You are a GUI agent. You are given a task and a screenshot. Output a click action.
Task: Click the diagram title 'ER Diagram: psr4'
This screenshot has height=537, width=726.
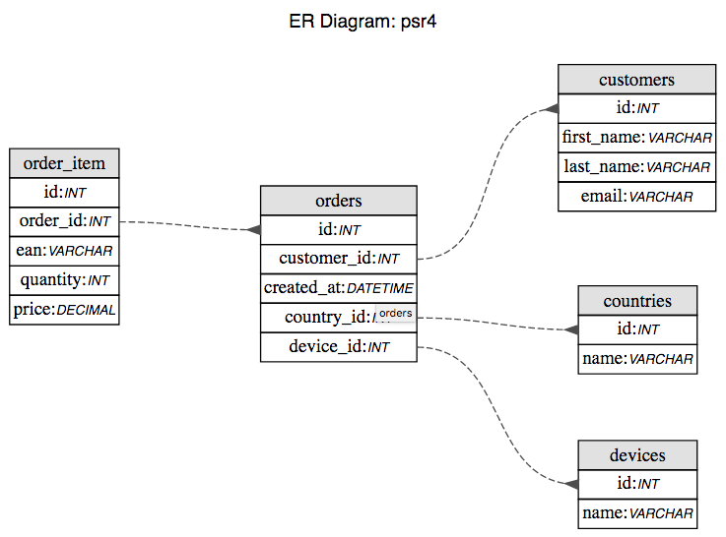click(363, 22)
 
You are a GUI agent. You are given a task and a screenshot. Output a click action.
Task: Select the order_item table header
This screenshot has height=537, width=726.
click(64, 163)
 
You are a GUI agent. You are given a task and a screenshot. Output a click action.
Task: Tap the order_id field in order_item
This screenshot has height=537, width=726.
click(64, 221)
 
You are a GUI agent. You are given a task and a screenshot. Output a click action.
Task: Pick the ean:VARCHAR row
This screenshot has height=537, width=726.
click(64, 251)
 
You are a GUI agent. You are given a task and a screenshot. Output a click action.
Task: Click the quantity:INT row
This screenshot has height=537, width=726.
click(64, 280)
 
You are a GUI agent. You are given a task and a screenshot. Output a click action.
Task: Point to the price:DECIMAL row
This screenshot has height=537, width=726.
click(64, 310)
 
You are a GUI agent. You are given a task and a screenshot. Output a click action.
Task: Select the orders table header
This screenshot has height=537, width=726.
click(338, 201)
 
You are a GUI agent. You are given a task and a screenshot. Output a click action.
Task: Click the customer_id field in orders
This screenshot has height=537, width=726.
click(338, 259)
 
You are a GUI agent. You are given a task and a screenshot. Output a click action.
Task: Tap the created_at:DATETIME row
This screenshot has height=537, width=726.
click(338, 288)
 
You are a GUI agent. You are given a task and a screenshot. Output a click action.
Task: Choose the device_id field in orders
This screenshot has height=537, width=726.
click(338, 347)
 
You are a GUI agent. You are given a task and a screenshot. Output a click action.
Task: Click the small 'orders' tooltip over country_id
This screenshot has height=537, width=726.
click(396, 314)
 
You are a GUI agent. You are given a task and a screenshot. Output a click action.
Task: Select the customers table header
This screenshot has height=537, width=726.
click(636, 80)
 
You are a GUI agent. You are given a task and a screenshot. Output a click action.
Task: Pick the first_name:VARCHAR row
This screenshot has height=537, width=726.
click(636, 138)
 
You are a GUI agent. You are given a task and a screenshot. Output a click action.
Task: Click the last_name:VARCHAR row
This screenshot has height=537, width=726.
click(636, 167)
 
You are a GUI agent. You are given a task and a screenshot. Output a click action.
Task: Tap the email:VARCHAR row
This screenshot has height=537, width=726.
click(636, 197)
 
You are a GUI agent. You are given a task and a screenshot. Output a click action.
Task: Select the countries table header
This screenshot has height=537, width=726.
click(637, 300)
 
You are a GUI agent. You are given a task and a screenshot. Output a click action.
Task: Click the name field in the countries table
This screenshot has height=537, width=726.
click(637, 359)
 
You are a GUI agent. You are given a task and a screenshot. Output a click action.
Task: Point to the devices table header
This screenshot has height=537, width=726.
click(637, 454)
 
